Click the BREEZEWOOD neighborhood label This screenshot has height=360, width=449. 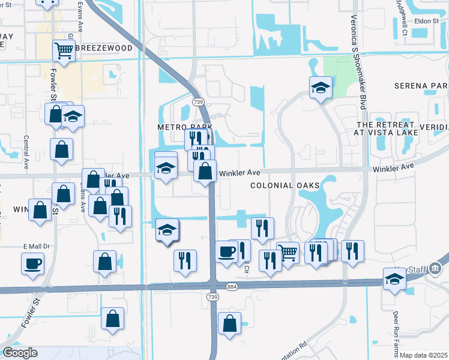pyautogui.click(x=100, y=47)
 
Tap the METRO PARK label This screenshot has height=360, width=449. pyautogui.click(x=177, y=128)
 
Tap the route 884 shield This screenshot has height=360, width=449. pyautogui.click(x=232, y=288)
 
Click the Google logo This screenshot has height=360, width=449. pyautogui.click(x=20, y=353)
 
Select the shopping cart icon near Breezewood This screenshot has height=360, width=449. pyautogui.click(x=63, y=51)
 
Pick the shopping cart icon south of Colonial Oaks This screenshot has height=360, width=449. pyautogui.click(x=288, y=253)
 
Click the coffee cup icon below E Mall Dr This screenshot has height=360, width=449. pyautogui.click(x=32, y=263)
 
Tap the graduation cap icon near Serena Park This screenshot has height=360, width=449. pyautogui.click(x=321, y=88)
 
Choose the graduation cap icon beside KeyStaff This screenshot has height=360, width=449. pyautogui.click(x=394, y=278)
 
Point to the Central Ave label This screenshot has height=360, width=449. pyautogui.click(x=26, y=154)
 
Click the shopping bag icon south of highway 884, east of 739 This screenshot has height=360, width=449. pyautogui.click(x=229, y=323)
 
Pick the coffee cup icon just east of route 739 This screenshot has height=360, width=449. pyautogui.click(x=226, y=251)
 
